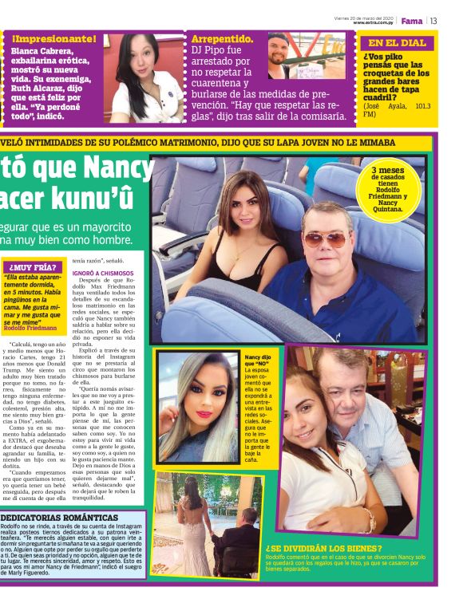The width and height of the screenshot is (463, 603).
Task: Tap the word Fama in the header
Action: (x=412, y=22)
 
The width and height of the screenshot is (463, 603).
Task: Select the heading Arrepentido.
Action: (x=224, y=39)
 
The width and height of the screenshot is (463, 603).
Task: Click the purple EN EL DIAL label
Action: (x=397, y=43)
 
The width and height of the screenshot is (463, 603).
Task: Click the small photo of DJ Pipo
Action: (x=279, y=57)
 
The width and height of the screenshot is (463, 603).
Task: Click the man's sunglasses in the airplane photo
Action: (x=325, y=238)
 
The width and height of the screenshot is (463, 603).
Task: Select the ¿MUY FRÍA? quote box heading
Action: (x=37, y=267)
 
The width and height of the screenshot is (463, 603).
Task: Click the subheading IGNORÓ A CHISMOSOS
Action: (x=104, y=273)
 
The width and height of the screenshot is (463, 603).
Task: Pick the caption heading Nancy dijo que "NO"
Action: (x=257, y=362)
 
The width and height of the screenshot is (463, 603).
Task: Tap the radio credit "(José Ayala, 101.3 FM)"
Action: (x=396, y=109)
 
